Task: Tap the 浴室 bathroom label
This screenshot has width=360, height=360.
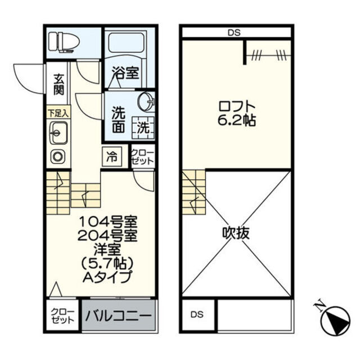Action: (x=125, y=73)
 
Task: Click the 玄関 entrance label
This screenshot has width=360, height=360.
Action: (x=58, y=85)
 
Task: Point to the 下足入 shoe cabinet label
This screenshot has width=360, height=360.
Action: (x=57, y=113)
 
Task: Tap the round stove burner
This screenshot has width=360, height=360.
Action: (x=57, y=156)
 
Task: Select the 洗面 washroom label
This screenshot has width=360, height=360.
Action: (x=118, y=119)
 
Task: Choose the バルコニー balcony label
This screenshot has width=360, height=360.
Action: (x=119, y=316)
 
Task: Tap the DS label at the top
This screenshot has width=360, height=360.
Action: (x=235, y=33)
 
